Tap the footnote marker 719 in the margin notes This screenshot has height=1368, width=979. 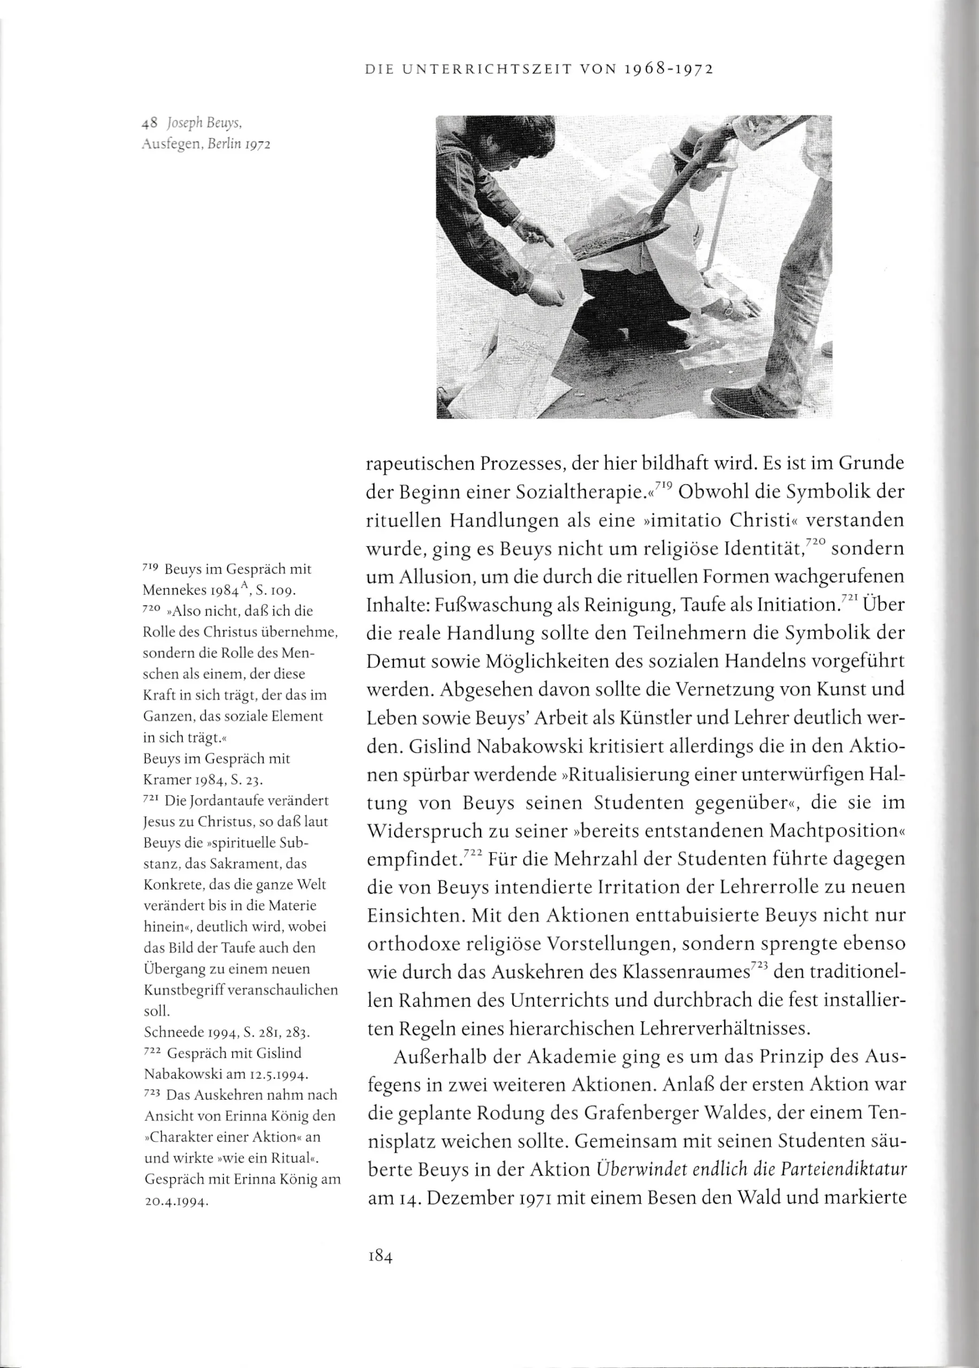pos(150,568)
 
